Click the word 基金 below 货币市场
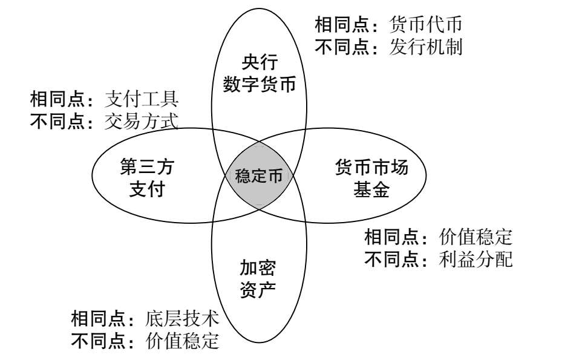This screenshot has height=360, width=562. [371, 191]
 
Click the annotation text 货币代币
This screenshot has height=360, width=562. [426, 25]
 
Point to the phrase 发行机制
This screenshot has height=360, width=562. [426, 47]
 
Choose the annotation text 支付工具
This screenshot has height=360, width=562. [142, 99]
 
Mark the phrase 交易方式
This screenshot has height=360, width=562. [142, 121]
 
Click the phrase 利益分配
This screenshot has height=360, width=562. [475, 260]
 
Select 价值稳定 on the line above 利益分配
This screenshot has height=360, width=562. [475, 237]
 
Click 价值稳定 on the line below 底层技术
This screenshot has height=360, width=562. [183, 341]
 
